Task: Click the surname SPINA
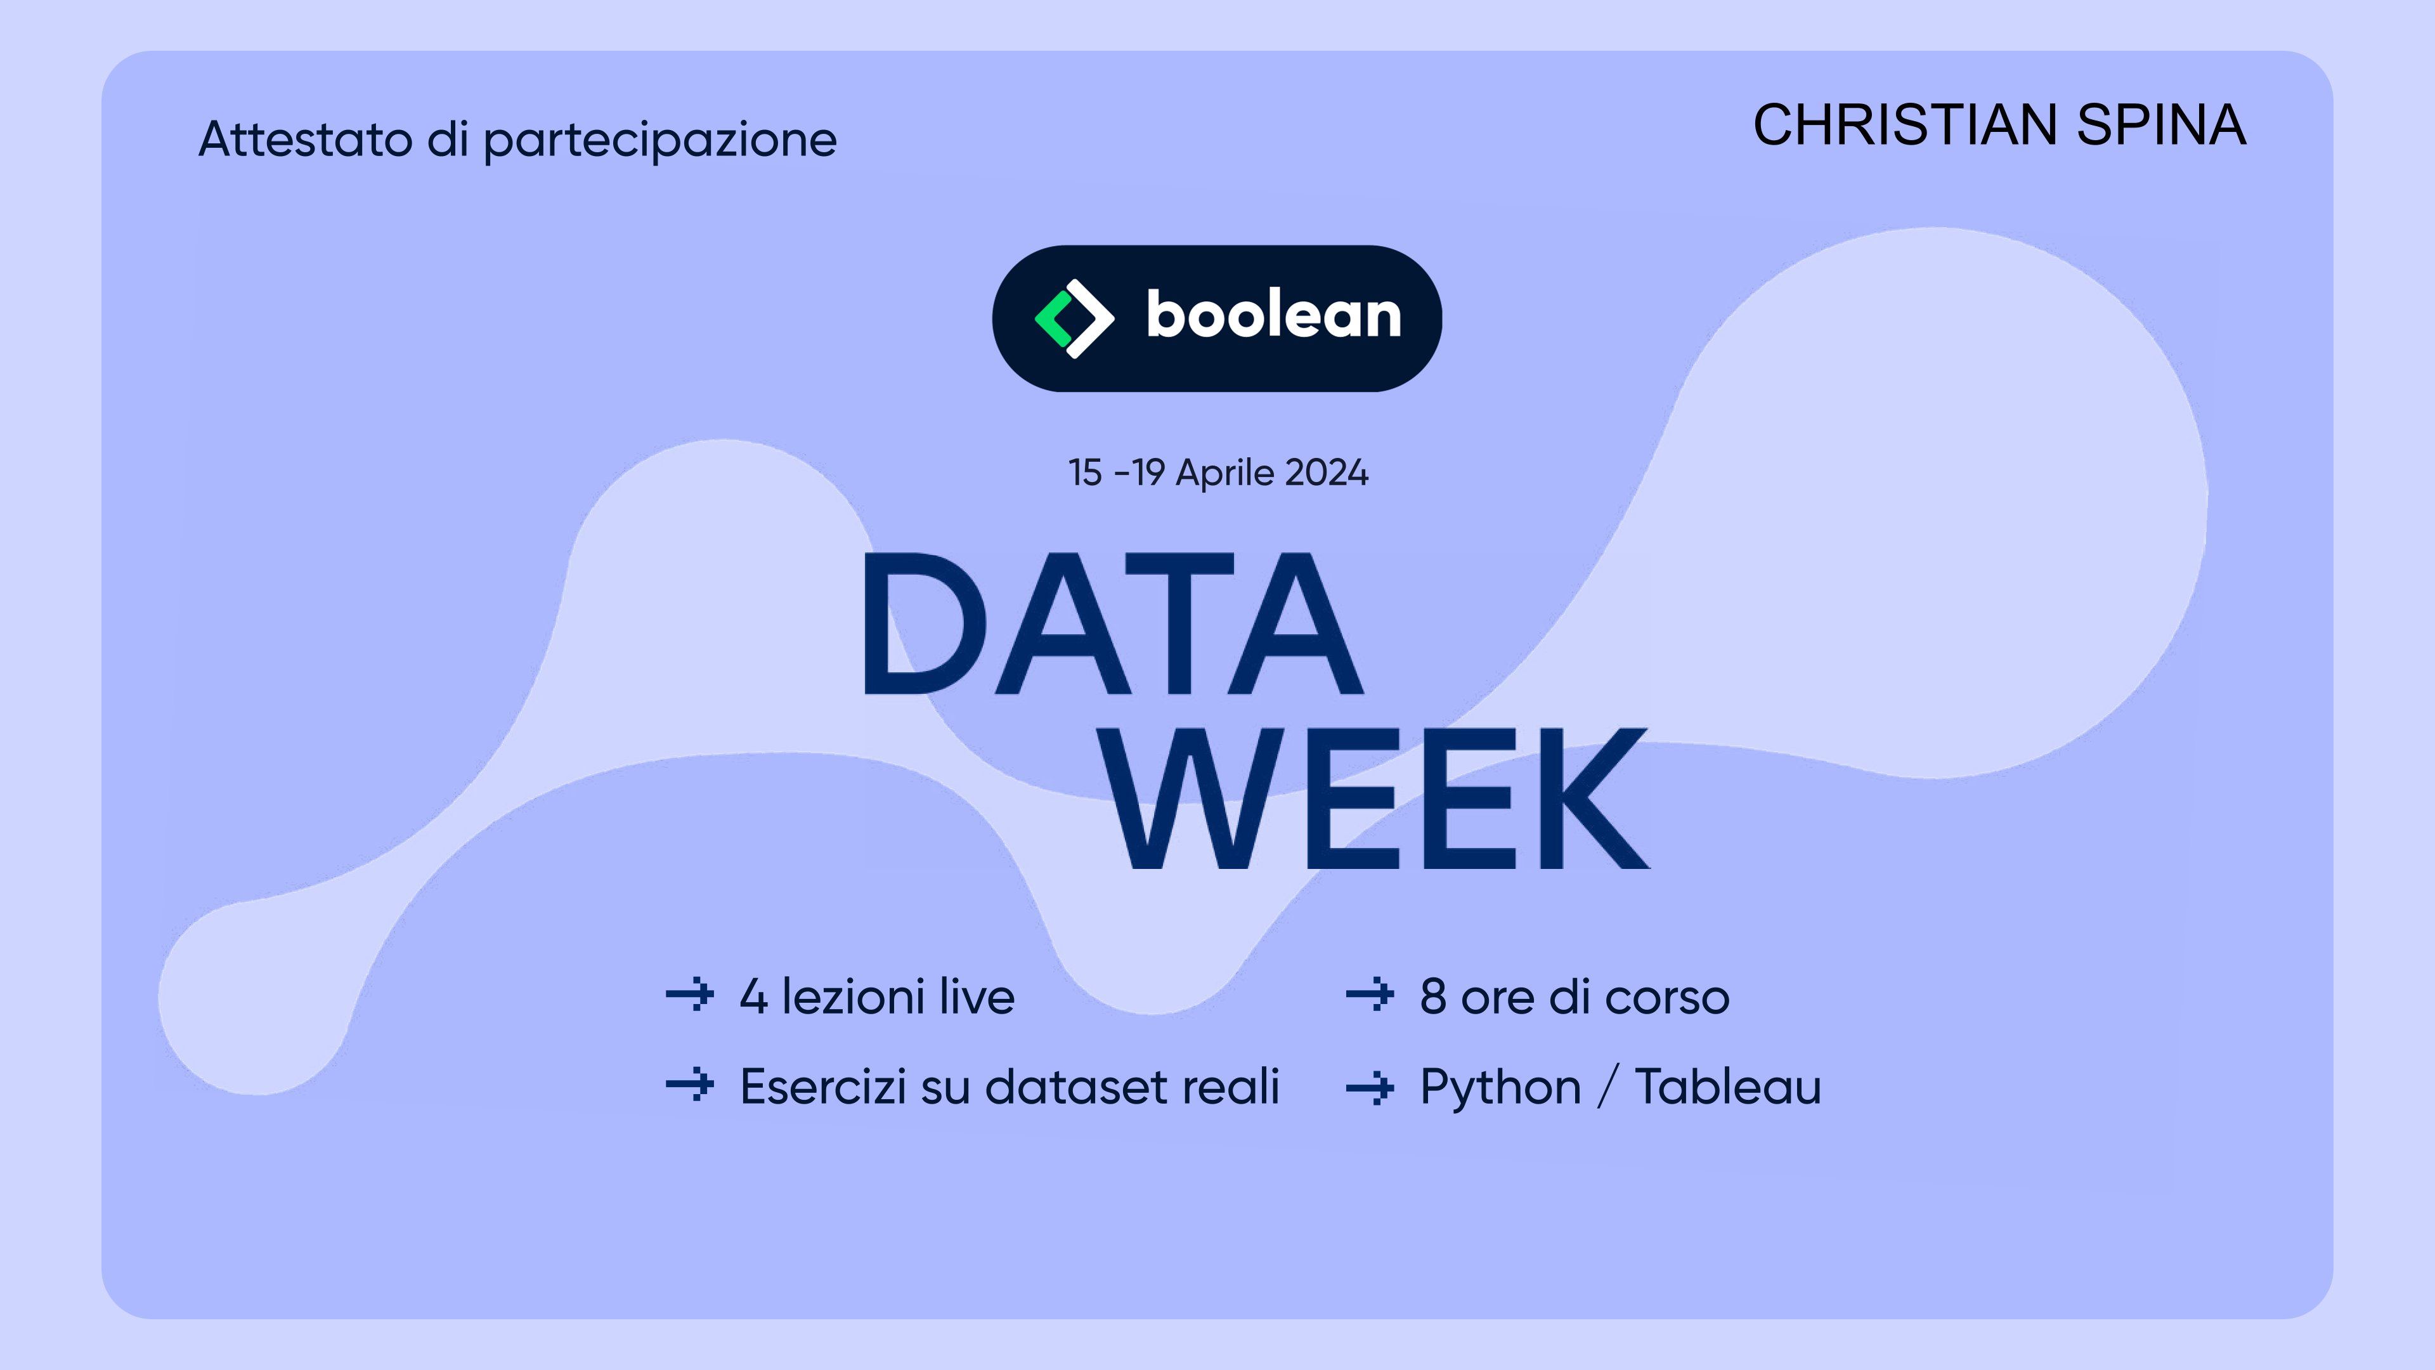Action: pyautogui.click(x=2161, y=125)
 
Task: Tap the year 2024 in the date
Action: pyautogui.click(x=1326, y=473)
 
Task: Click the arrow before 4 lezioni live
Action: pyautogui.click(x=690, y=995)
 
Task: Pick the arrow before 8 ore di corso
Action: pyautogui.click(x=1370, y=995)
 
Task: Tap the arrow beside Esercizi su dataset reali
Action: pyautogui.click(x=690, y=1085)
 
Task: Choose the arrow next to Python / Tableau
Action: pyautogui.click(x=1370, y=1087)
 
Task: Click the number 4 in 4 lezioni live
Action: pyautogui.click(x=753, y=996)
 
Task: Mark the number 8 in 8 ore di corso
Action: pyautogui.click(x=1433, y=996)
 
